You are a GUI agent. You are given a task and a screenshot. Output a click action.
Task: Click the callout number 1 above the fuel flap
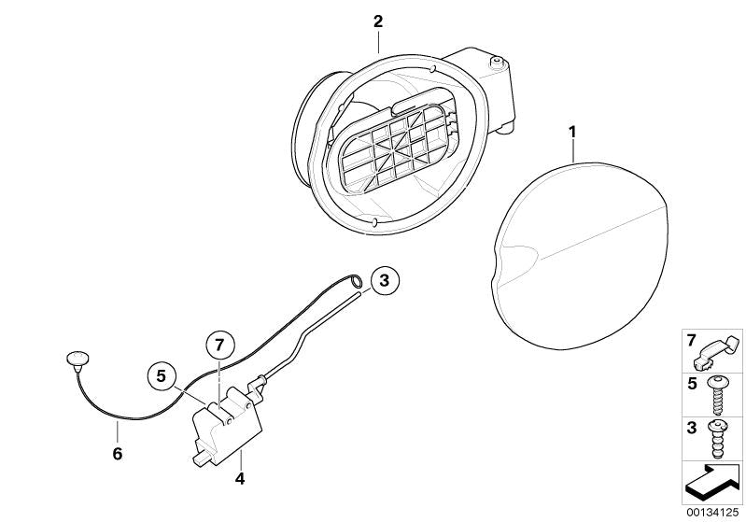click(x=572, y=132)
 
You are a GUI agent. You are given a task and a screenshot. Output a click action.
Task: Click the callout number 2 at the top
click(x=378, y=21)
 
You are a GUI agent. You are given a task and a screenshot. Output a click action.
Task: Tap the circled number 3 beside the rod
click(x=384, y=280)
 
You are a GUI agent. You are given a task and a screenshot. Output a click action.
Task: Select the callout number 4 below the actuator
click(x=240, y=478)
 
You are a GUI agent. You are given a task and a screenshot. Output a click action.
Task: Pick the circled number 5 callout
click(x=162, y=376)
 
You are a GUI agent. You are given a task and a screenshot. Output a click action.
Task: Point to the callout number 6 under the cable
click(x=118, y=454)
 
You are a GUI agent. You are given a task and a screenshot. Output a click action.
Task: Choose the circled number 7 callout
click(x=218, y=344)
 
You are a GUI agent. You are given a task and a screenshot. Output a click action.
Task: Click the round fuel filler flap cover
click(x=580, y=255)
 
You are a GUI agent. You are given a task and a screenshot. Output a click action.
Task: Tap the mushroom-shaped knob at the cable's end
click(x=77, y=358)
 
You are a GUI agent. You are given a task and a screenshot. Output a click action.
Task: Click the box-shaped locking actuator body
click(x=226, y=430)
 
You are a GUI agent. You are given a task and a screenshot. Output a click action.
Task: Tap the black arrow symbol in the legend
click(x=712, y=482)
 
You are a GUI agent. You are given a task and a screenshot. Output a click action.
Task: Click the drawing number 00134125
click(x=712, y=513)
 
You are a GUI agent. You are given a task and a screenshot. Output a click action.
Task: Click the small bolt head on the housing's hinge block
click(x=497, y=61)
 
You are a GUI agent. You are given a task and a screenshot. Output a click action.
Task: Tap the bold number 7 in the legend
click(x=691, y=340)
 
